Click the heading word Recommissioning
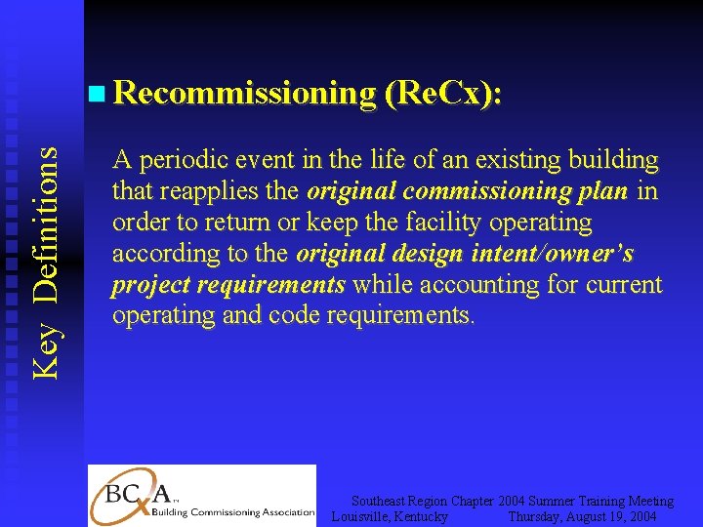[x=245, y=94]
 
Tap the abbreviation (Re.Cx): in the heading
[x=444, y=94]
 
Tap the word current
[x=625, y=285]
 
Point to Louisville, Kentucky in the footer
[x=391, y=515]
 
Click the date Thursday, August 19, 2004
[x=582, y=515]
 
